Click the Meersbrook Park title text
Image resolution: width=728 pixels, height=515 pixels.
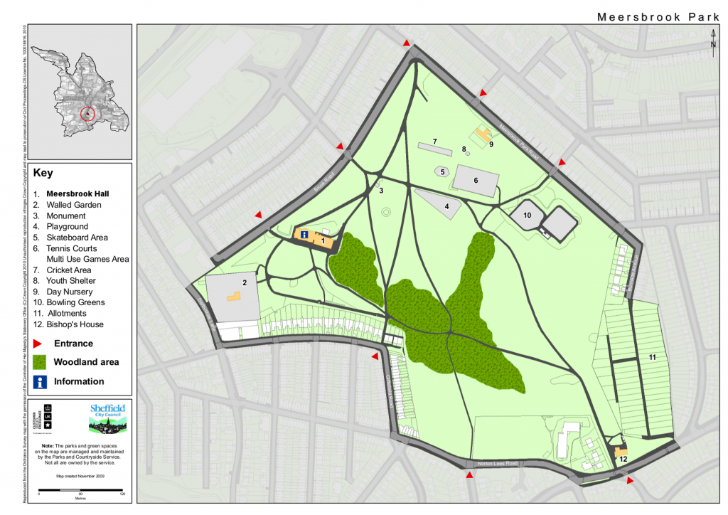[x=658, y=16]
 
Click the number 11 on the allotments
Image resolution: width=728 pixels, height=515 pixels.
[x=651, y=355]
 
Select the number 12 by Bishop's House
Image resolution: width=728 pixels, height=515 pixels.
[x=623, y=460]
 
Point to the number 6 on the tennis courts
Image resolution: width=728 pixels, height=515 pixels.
[x=476, y=181]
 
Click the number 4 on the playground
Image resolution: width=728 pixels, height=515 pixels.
[x=446, y=206]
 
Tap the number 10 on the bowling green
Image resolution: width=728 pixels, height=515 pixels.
[x=528, y=214]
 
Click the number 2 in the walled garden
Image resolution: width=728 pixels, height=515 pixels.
[x=244, y=282]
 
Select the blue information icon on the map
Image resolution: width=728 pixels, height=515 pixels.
[x=304, y=235]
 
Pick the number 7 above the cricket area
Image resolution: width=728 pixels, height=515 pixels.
[x=434, y=142]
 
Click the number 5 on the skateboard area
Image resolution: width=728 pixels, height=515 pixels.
[x=442, y=172]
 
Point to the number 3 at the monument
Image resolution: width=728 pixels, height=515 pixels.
[x=381, y=191]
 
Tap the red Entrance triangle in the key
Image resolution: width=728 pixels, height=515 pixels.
[x=40, y=344]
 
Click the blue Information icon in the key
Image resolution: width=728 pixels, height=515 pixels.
[x=41, y=381]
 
